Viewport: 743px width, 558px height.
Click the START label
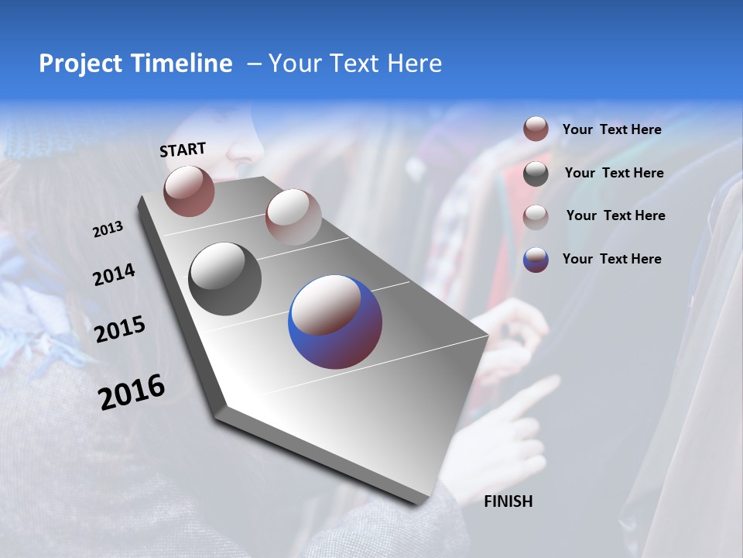coord(183,150)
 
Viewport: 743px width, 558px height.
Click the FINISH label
coord(508,501)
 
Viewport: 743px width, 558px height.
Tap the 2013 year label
coord(108,229)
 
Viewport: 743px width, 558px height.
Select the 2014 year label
coord(114,275)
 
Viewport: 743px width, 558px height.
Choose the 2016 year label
coord(132,392)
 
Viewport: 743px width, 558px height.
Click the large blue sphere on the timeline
coord(335,321)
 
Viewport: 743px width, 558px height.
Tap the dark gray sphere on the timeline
coord(224,279)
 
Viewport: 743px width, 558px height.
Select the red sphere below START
coord(189,191)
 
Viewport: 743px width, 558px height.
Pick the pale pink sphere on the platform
coord(293,216)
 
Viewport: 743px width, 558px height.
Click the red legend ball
coord(536,129)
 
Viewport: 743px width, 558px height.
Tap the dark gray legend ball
coord(536,173)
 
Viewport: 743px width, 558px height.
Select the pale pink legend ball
coord(536,216)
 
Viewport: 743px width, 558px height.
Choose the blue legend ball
coord(536,259)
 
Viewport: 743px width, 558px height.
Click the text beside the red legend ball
coord(611,129)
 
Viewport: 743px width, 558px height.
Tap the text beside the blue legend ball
coord(611,259)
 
